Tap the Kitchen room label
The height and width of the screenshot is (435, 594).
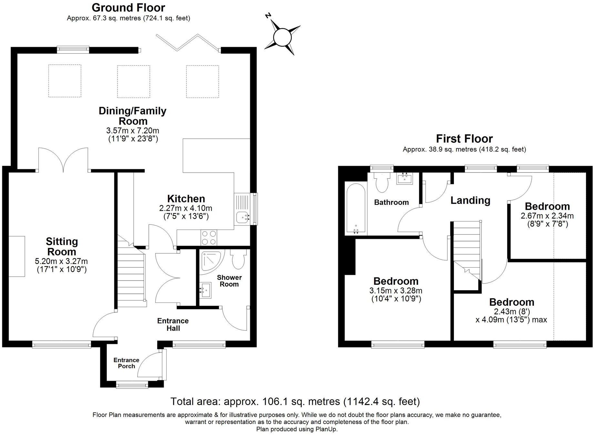pos(186,198)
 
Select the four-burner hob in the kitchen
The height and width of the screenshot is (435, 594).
pos(209,238)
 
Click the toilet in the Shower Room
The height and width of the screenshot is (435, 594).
pos(238,260)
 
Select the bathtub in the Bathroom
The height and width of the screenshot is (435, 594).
pos(355,208)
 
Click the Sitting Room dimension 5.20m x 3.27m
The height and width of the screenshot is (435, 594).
pos(61,261)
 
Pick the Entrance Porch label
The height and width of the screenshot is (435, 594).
pos(126,363)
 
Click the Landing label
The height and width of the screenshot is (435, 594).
pos(470,200)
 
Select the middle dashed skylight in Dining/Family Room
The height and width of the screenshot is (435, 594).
pos(133,81)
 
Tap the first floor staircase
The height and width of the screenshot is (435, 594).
pos(466,246)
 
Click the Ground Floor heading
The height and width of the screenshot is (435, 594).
pos(128,7)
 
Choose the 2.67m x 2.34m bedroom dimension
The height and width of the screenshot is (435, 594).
pos(547,216)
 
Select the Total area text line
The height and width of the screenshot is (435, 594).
pos(295,401)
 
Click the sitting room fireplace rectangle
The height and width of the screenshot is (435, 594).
pos(16,256)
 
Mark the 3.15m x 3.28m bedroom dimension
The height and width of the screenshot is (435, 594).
pos(396,291)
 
